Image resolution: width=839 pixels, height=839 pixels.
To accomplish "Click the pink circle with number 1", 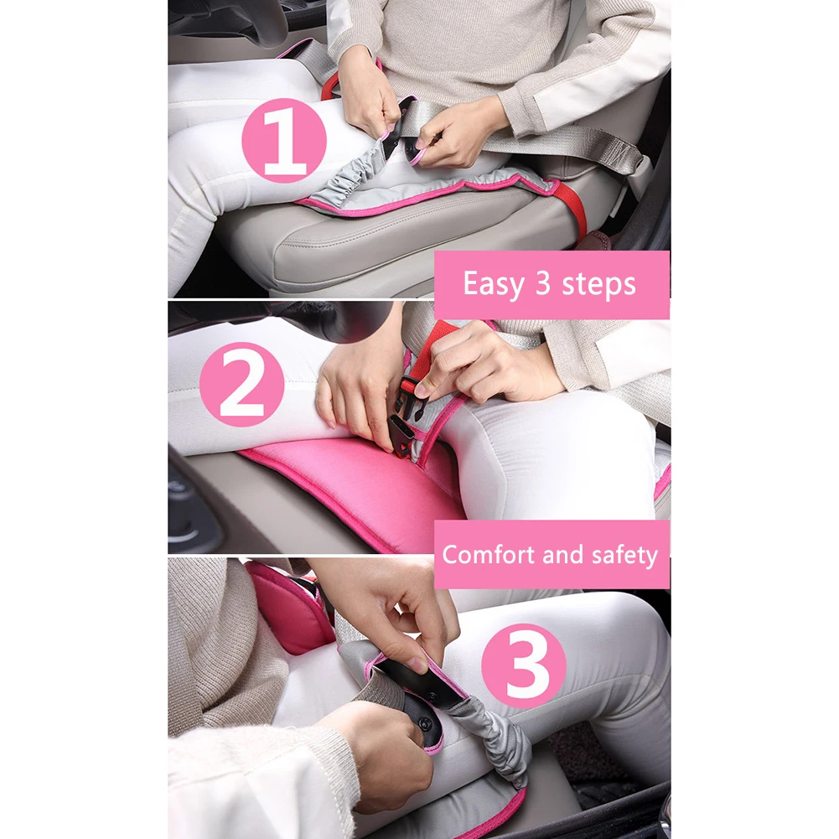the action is [x=283, y=140].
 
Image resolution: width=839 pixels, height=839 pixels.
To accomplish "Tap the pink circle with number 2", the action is [x=242, y=384].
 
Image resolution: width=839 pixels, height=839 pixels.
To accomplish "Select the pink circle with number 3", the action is [x=524, y=666].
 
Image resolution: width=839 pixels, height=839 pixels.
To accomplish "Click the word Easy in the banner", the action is [x=494, y=283].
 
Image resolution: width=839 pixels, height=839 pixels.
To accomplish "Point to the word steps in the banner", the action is [x=598, y=283].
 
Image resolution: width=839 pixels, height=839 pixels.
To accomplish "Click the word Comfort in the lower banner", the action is [x=489, y=554].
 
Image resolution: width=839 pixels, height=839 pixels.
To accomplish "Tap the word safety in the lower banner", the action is [x=625, y=556].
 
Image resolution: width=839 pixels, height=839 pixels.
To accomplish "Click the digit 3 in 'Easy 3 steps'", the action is [x=542, y=282].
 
